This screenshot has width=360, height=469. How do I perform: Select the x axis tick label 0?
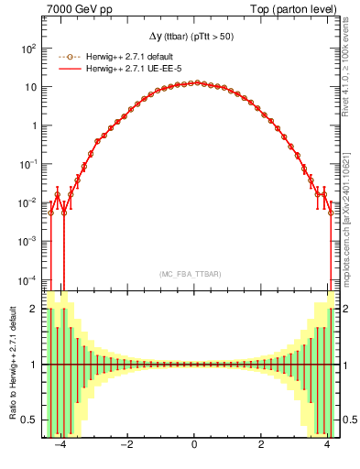point(194,446)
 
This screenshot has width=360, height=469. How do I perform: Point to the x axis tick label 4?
point(328,446)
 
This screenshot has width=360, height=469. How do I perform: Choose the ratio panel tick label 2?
point(34,309)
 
